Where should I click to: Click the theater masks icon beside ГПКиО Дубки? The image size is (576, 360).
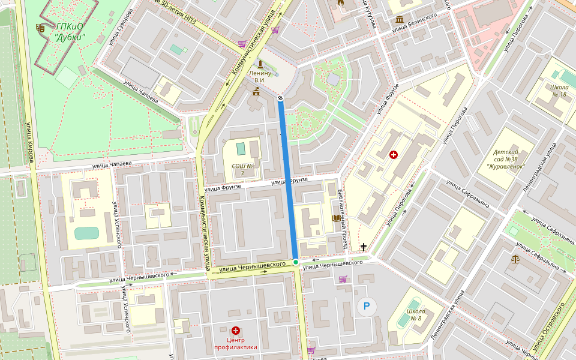pyautogui.click(x=41, y=28)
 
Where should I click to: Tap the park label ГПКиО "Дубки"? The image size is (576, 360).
pyautogui.click(x=70, y=32)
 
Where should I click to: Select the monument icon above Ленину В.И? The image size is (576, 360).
pyautogui.click(x=260, y=64)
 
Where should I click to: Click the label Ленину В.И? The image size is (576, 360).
pyautogui.click(x=260, y=77)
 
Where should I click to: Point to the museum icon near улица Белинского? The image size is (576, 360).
pyautogui.click(x=400, y=20)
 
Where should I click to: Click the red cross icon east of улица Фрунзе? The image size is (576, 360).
pyautogui.click(x=394, y=155)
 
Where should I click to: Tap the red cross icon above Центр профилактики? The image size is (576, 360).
pyautogui.click(x=236, y=331)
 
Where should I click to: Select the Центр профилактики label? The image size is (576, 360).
pyautogui.click(x=236, y=343)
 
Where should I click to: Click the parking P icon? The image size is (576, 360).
pyautogui.click(x=367, y=308)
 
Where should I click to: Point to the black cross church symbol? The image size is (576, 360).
pyautogui.click(x=363, y=247)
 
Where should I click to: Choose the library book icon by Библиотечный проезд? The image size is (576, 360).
pyautogui.click(x=335, y=218)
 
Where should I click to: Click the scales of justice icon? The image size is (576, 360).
pyautogui.click(x=515, y=259)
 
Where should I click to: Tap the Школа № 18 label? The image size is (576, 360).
pyautogui.click(x=559, y=90)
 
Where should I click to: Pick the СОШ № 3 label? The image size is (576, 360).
pyautogui.click(x=242, y=169)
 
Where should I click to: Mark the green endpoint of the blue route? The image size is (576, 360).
pyautogui.click(x=296, y=262)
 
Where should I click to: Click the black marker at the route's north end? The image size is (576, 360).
pyautogui.click(x=280, y=97)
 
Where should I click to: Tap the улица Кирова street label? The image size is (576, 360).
pyautogui.click(x=29, y=143)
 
